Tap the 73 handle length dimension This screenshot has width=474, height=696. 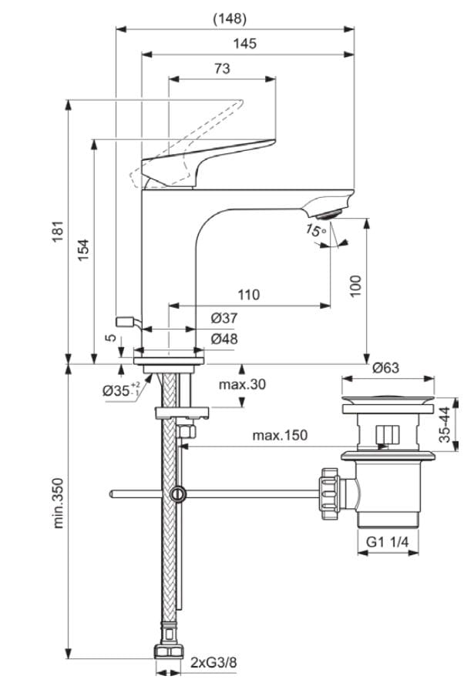click(221, 69)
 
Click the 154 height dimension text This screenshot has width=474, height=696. click(83, 251)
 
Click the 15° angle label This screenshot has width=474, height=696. click(315, 229)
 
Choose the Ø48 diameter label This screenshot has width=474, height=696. click(224, 339)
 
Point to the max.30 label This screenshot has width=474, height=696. click(241, 384)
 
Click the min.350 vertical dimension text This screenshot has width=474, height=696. click(59, 502)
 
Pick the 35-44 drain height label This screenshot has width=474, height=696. click(445, 423)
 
